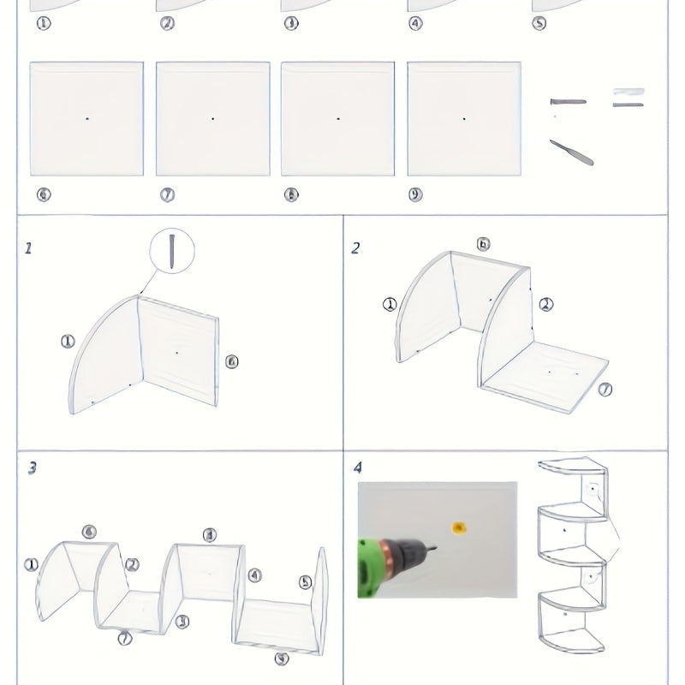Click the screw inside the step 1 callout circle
coord(172,249)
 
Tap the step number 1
coord(28,248)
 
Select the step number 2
coord(354,248)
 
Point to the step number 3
coord(31,468)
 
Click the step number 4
coord(357,468)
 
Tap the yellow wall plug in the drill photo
coord(460,528)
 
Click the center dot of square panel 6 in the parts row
coord(86,118)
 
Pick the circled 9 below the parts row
coord(415,195)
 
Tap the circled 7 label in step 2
coord(605,390)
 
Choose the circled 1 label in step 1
coord(68,342)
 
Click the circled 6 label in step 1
coord(231,361)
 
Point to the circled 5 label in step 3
coord(306,582)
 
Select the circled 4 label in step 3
coord(254,575)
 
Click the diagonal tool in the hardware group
coord(571,152)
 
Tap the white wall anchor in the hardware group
coord(628,92)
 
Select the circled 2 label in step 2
coord(545,304)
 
